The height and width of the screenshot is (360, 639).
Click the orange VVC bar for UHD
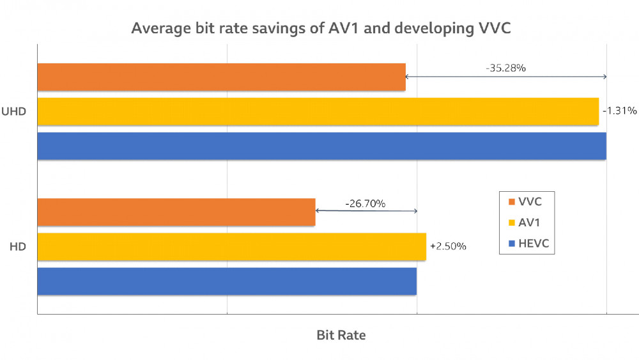[221, 77]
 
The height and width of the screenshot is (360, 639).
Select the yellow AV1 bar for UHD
[318, 111]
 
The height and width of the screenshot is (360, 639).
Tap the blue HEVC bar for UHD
[321, 145]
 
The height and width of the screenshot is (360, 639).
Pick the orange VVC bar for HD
[176, 212]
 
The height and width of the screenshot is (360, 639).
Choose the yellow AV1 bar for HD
[231, 246]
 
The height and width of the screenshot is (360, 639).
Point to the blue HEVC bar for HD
[227, 281]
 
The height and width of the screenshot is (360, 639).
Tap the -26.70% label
[365, 203]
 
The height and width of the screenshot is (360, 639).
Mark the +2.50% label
[448, 246]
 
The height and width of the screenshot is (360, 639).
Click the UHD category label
[14, 111]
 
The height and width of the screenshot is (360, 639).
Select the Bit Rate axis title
[341, 335]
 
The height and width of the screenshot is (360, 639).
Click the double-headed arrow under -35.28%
[505, 77]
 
